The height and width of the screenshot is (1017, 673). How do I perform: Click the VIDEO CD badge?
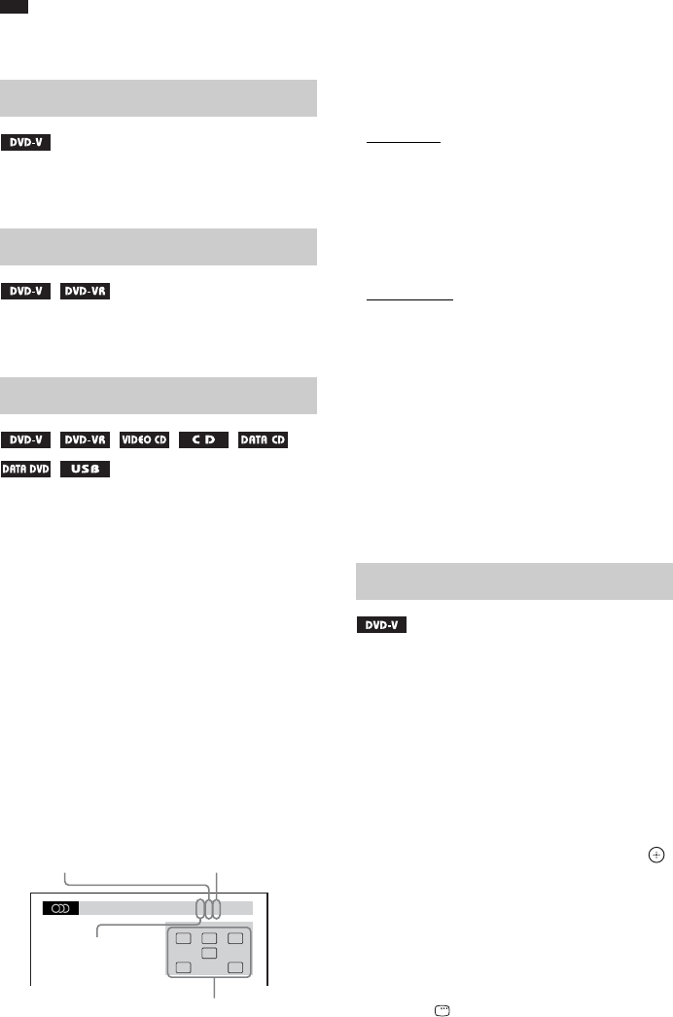click(x=145, y=440)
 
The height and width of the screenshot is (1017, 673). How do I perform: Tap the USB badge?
click(x=86, y=470)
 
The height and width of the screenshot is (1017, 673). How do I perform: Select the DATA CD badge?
click(x=263, y=440)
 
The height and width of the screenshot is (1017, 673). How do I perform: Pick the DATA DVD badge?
click(x=26, y=470)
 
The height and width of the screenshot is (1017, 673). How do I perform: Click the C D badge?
click(x=203, y=440)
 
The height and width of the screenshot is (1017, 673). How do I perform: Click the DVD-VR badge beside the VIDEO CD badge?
click(x=86, y=440)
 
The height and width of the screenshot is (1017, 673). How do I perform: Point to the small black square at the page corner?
click(x=15, y=7)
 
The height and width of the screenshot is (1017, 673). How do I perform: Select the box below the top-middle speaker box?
click(x=209, y=954)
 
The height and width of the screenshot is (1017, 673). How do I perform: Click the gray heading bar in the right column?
click(x=514, y=580)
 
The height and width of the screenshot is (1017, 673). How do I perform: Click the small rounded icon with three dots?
click(x=443, y=1010)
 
